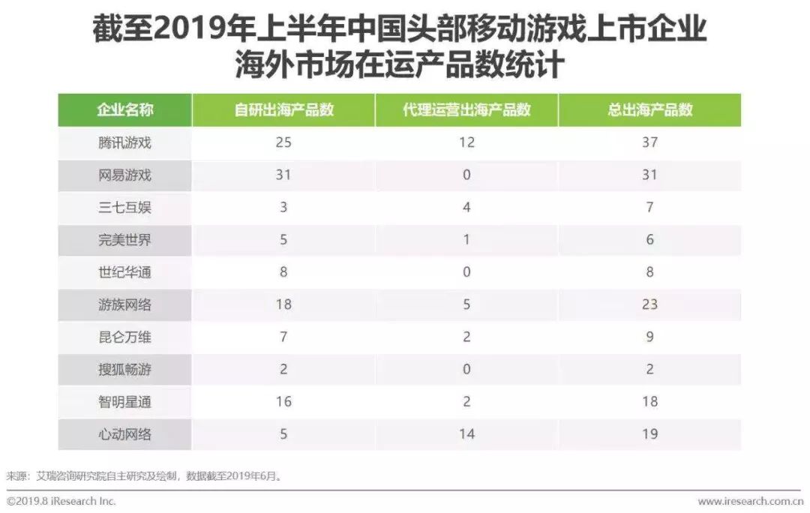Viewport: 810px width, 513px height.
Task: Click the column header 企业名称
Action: point(124,109)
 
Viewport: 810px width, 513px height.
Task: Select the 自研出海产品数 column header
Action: point(283,109)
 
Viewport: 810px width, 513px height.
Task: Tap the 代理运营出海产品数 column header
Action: point(466,109)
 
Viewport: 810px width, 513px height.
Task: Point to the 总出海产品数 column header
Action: point(649,109)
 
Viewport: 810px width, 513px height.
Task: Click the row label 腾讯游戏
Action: point(124,142)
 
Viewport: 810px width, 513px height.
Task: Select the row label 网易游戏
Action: point(124,175)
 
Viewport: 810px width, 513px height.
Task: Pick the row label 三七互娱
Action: point(124,208)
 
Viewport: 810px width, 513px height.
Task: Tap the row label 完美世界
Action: point(124,240)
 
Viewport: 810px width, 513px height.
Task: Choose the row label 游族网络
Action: point(124,304)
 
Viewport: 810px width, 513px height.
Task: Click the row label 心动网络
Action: point(124,434)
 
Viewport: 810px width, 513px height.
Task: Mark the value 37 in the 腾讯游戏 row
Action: point(649,142)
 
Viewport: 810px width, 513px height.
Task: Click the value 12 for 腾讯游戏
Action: point(466,142)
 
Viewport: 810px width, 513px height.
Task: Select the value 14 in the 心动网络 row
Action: point(466,434)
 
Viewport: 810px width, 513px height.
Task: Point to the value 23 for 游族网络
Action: point(649,304)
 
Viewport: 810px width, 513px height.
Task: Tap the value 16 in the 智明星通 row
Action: point(283,402)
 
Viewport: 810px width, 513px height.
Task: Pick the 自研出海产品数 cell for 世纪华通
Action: point(283,272)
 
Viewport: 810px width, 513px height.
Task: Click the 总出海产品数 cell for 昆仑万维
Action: point(649,337)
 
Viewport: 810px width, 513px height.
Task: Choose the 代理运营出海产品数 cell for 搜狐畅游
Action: point(466,370)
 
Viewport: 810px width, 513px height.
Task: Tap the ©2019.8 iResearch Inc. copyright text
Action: point(61,501)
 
